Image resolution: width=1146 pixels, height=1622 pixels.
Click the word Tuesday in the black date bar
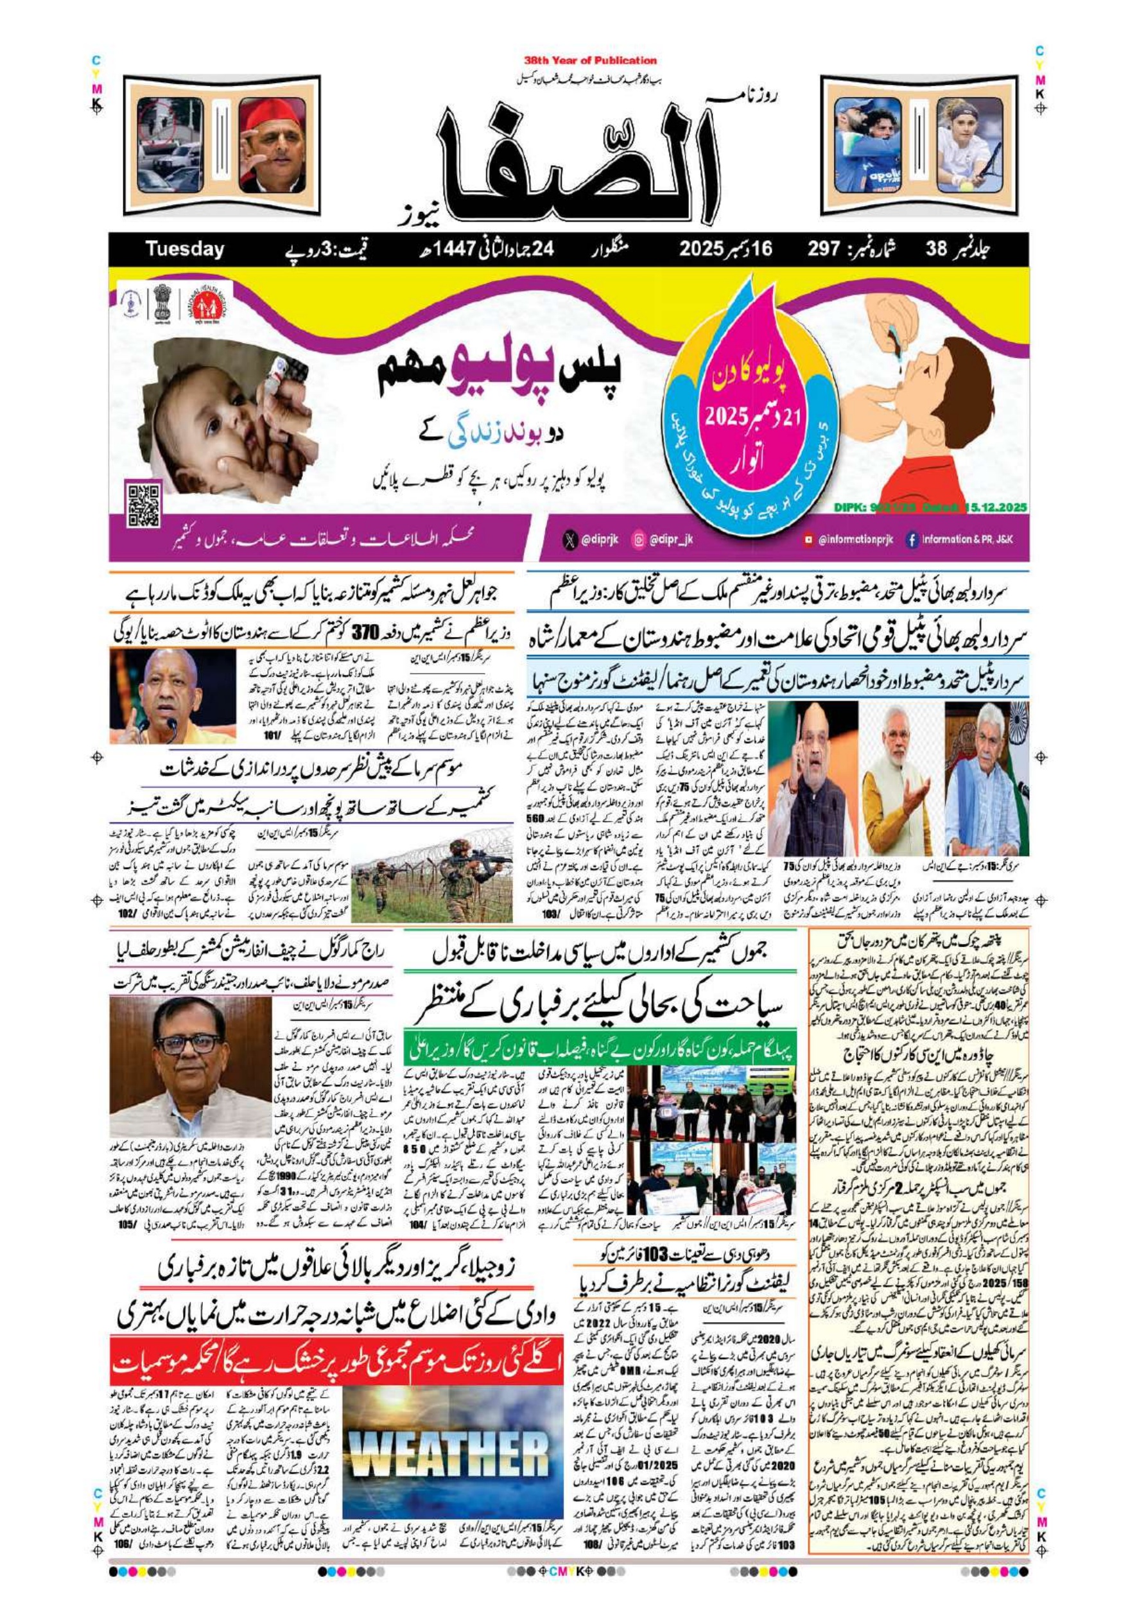(184, 249)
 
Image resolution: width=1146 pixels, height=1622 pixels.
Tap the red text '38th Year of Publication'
(590, 61)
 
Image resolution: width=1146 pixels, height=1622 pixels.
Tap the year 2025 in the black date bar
(702, 249)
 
